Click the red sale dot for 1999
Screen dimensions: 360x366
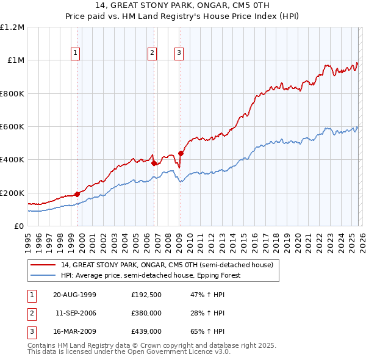(77, 194)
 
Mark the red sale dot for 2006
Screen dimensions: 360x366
(154, 164)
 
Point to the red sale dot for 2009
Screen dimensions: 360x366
(181, 154)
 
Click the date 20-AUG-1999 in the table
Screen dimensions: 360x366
(75, 295)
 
